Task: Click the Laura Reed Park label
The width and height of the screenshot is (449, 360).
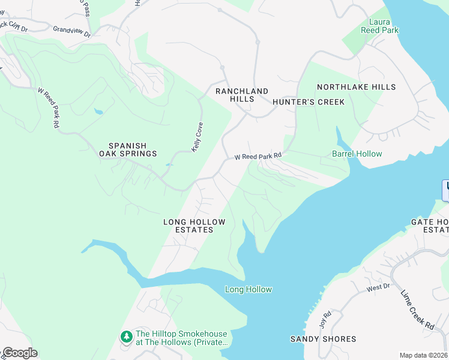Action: tap(379, 26)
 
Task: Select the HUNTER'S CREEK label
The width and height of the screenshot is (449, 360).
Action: tap(309, 102)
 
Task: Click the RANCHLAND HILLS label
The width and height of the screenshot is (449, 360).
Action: tap(242, 95)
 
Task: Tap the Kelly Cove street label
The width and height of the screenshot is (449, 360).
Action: tap(196, 137)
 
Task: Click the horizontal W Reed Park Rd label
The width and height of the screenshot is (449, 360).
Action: tap(258, 156)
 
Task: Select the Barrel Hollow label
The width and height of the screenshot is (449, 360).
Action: tap(357, 154)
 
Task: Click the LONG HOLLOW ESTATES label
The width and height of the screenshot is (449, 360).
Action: tap(194, 226)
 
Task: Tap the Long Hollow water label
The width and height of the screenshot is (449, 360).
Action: tap(248, 290)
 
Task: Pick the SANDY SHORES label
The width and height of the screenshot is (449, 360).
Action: tap(323, 339)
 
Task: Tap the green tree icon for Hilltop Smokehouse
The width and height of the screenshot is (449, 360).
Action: tap(126, 337)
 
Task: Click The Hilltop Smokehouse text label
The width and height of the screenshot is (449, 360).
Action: tap(181, 338)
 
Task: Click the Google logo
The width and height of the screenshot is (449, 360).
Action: tap(19, 353)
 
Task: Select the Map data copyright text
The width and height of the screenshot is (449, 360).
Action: tap(423, 355)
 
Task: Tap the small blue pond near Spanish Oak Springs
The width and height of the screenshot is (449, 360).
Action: tap(98, 111)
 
